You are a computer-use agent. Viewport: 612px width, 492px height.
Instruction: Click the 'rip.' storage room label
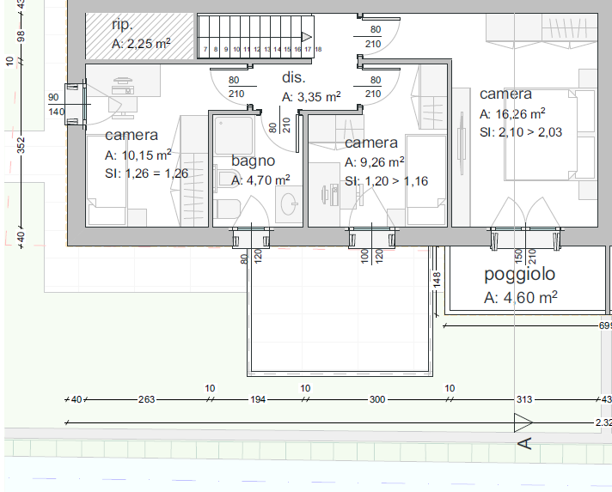coord(122,25)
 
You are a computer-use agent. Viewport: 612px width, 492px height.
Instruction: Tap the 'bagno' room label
coord(253,161)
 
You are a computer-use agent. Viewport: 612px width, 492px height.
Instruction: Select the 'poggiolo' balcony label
coord(519,274)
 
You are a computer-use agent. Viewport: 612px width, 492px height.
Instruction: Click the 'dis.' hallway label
coord(293,77)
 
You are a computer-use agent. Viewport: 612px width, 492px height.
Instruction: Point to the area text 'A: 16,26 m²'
coord(512,114)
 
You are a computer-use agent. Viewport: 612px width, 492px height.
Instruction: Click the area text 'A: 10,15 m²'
coord(138,155)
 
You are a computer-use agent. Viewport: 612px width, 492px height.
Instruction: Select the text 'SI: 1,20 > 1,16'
coord(386,181)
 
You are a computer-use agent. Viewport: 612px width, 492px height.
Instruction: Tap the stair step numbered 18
coord(318,49)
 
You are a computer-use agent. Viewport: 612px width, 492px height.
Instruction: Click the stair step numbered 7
coord(205,50)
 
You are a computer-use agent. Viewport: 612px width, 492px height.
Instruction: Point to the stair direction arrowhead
coord(307,37)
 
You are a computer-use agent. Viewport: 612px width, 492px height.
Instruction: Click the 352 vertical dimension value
coord(21,144)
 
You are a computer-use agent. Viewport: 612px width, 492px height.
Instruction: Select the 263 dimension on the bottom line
coord(146,399)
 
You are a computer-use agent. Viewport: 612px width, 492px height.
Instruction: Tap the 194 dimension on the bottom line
coord(258,399)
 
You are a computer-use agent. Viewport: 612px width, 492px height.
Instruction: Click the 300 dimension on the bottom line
coord(377,399)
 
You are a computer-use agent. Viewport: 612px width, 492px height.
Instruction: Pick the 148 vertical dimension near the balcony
coord(437,280)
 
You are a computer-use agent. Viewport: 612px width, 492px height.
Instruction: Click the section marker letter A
coord(525,444)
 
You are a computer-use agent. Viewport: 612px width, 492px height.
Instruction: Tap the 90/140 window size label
coord(55,105)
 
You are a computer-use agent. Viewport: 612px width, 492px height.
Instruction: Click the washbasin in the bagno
coord(289,203)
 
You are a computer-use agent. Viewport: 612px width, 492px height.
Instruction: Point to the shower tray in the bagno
coord(234,135)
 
